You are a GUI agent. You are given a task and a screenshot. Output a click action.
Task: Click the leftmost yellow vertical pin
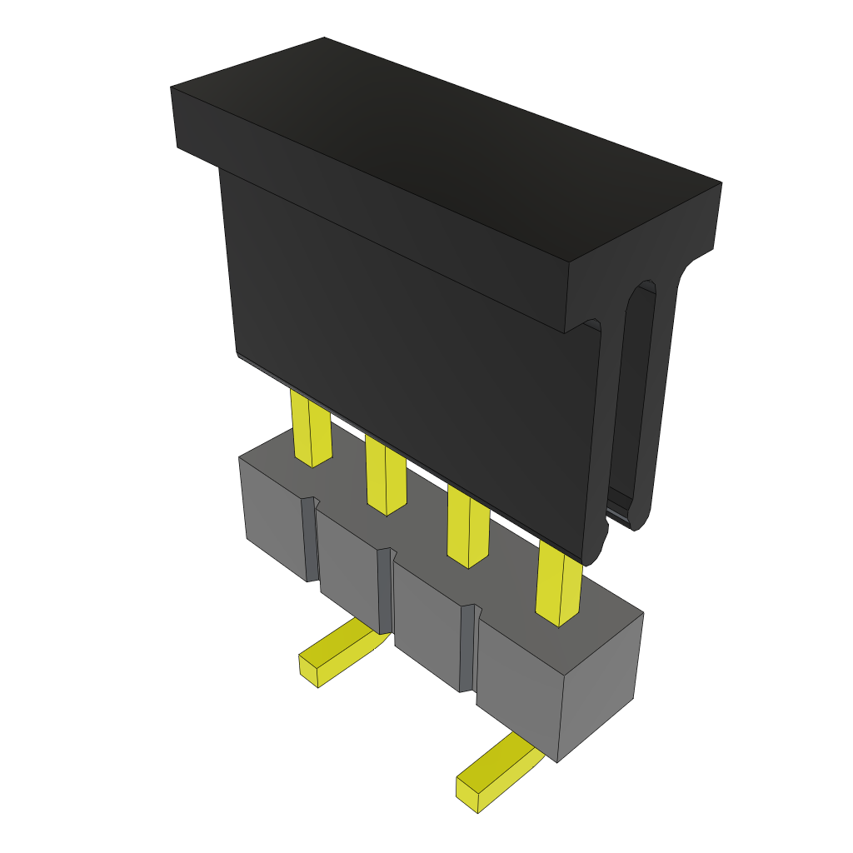(x=311, y=429)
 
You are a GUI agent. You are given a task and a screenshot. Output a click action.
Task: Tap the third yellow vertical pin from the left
(x=467, y=529)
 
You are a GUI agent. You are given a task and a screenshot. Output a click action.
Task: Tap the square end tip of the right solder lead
(x=466, y=795)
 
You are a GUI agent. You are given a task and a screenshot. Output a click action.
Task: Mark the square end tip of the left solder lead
(x=308, y=671)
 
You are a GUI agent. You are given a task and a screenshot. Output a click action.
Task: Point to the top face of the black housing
(x=441, y=146)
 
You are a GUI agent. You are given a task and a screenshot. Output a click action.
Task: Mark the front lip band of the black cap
(x=367, y=208)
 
